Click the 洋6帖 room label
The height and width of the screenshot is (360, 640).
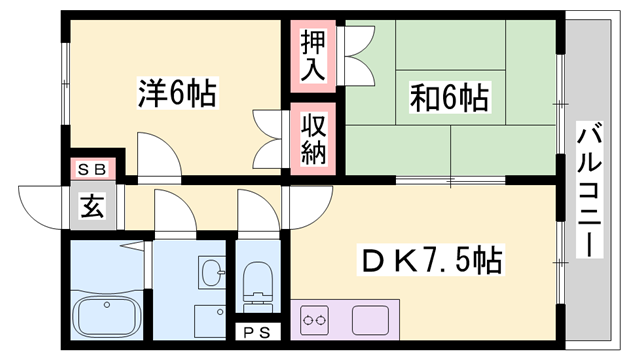(x=177, y=94)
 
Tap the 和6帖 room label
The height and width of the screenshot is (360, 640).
(x=449, y=98)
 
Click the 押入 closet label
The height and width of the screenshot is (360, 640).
(x=312, y=55)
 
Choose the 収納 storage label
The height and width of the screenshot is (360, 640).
(x=312, y=140)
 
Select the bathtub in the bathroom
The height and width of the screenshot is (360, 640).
(x=107, y=319)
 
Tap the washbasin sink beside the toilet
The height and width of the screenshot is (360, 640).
(x=211, y=272)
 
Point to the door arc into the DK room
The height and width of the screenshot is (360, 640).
(x=307, y=204)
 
